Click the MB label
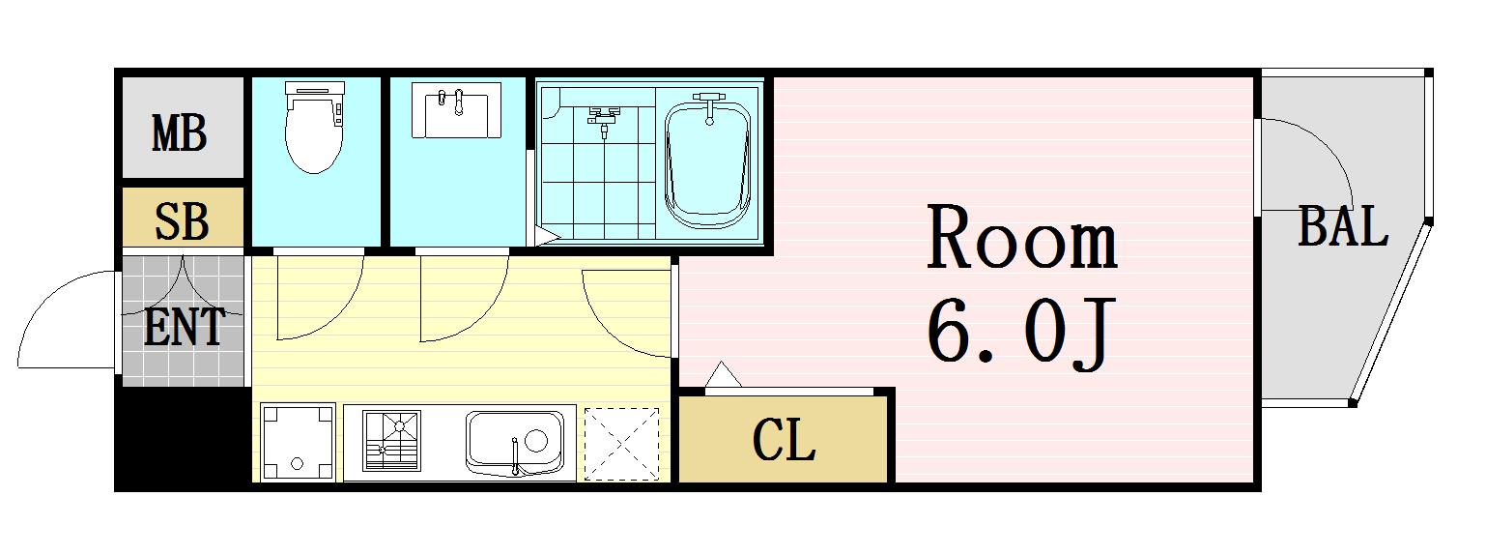[x=179, y=133]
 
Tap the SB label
[x=182, y=221]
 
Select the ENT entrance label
[x=185, y=327]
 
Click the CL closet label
[x=784, y=440]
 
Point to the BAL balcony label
[x=1343, y=226]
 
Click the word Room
[x=1021, y=238]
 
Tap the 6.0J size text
[x=1018, y=332]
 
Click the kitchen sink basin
[x=515, y=443]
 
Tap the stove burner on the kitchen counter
[x=391, y=441]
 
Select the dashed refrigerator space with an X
[x=621, y=444]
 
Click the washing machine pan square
[x=298, y=442]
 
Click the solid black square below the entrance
[x=184, y=438]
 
